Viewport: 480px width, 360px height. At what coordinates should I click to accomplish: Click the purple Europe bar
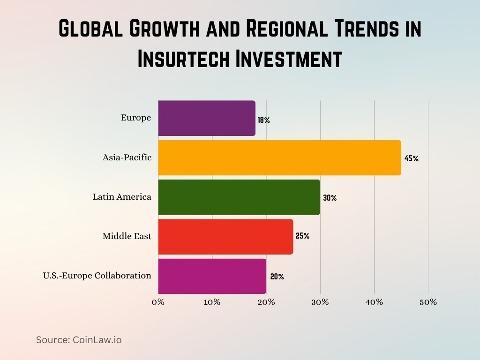point(207,118)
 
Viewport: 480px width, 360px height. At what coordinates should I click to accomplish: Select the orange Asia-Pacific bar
point(279,157)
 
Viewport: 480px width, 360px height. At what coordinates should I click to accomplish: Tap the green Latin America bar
point(239,197)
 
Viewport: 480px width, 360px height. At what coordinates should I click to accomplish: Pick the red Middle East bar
point(225,236)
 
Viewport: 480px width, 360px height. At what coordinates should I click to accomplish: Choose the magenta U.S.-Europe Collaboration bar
point(212,276)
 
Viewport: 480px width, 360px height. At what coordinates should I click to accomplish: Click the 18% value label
point(263,120)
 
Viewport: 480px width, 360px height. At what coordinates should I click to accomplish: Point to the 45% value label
point(411,158)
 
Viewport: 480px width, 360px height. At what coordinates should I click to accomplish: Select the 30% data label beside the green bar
point(330,198)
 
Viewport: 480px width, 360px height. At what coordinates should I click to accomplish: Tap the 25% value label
point(302,236)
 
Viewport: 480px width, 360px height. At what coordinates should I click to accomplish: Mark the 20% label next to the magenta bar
point(277,277)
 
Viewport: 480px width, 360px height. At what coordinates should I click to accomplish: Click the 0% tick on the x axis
point(158,302)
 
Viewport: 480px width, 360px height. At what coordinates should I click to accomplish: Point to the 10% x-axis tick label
point(212,302)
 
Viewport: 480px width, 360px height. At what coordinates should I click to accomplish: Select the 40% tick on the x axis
point(374,302)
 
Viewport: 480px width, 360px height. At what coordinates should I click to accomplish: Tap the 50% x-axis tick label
point(427,302)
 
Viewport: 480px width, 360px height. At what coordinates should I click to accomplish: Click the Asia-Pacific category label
point(127,157)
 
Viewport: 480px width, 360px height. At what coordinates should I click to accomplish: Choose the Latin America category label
point(122,197)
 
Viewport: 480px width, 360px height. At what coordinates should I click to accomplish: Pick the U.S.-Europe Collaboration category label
point(97,276)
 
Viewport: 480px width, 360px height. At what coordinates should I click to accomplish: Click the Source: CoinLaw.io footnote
point(79,340)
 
